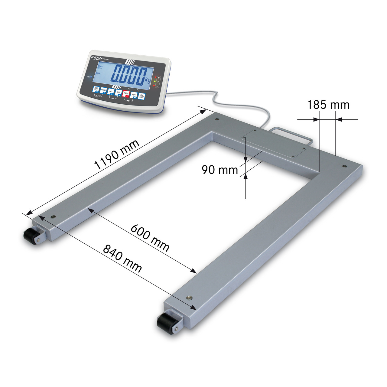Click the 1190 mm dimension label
[117, 154]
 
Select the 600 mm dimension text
[150, 238]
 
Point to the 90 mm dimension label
[220, 170]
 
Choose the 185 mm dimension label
[328, 105]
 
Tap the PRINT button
[104, 90]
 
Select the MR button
[119, 93]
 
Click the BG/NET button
[96, 89]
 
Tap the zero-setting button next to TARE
[134, 95]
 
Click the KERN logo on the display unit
[97, 57]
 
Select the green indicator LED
[155, 82]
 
